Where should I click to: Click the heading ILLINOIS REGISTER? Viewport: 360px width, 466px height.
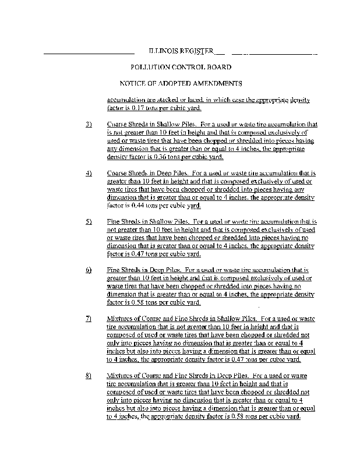pyautogui.click(x=181, y=51)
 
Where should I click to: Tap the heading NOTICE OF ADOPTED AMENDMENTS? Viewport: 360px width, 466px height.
pyautogui.click(x=181, y=83)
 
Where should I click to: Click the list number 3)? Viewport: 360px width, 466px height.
pyautogui.click(x=89, y=125)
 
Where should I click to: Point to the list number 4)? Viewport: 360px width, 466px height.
pyautogui.click(x=89, y=174)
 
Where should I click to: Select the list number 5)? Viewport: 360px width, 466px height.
pyautogui.click(x=89, y=223)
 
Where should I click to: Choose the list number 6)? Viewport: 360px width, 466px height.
pyautogui.click(x=89, y=271)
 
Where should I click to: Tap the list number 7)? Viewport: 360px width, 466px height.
pyautogui.click(x=89, y=319)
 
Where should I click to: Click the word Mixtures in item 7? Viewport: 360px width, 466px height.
pyautogui.click(x=121, y=319)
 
